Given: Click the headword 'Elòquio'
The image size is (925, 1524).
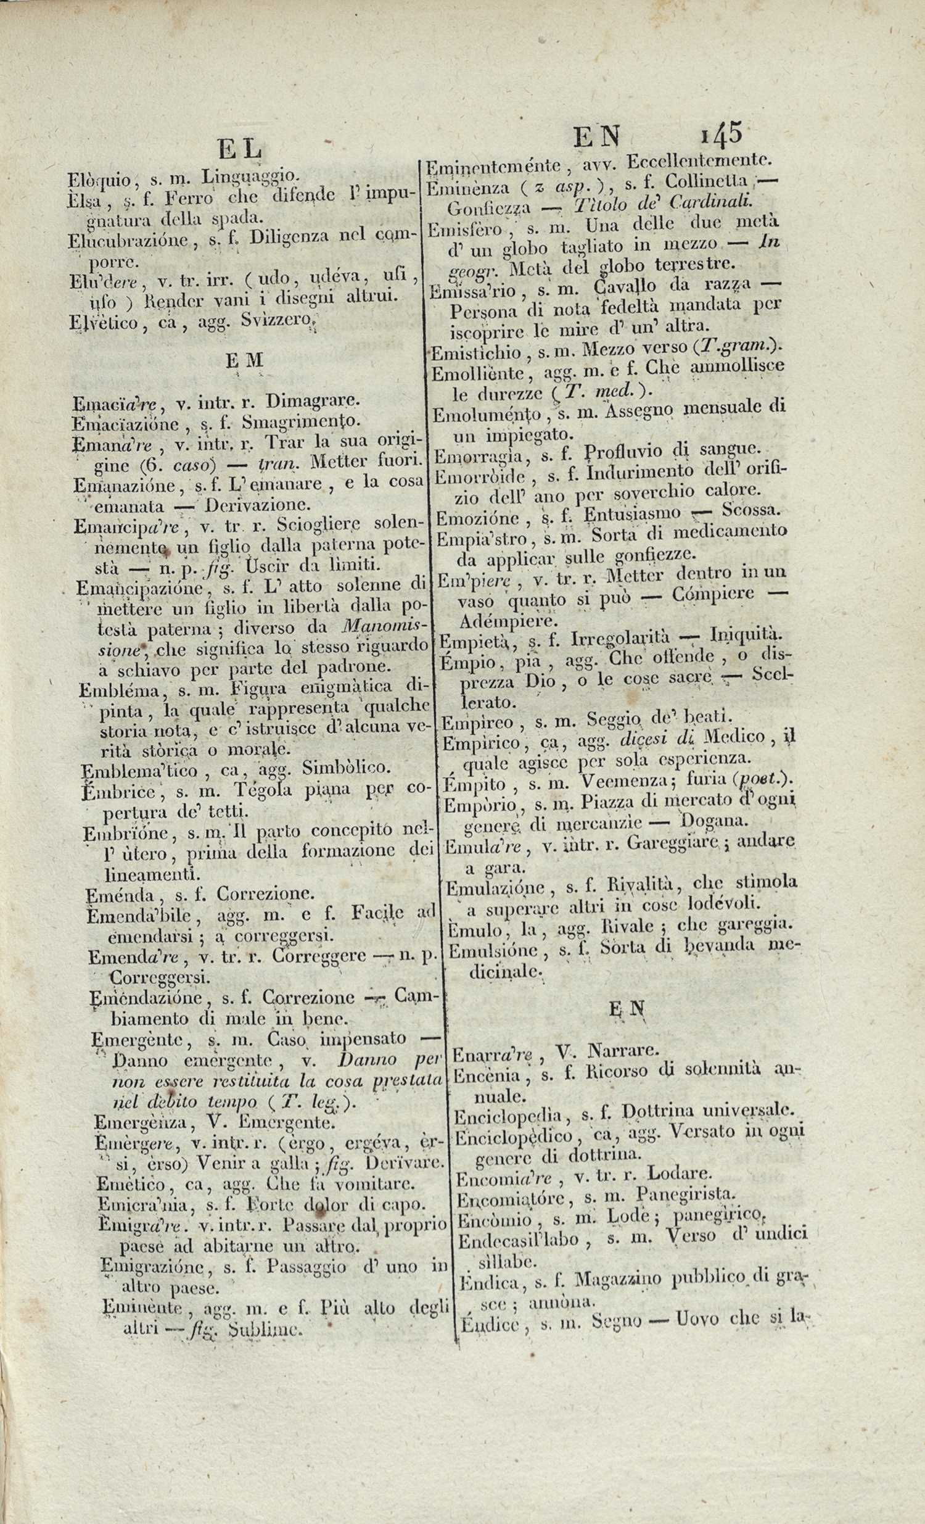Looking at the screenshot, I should [97, 181].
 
